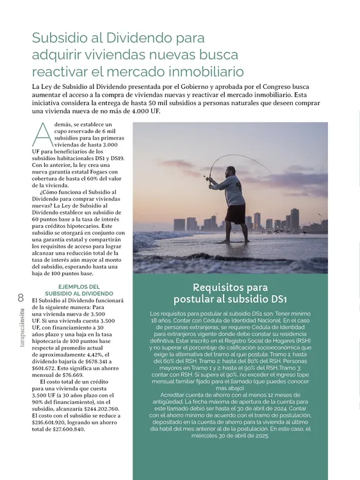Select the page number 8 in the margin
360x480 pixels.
tap(20, 297)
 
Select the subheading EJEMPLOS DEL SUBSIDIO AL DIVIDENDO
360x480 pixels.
tap(77, 290)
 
